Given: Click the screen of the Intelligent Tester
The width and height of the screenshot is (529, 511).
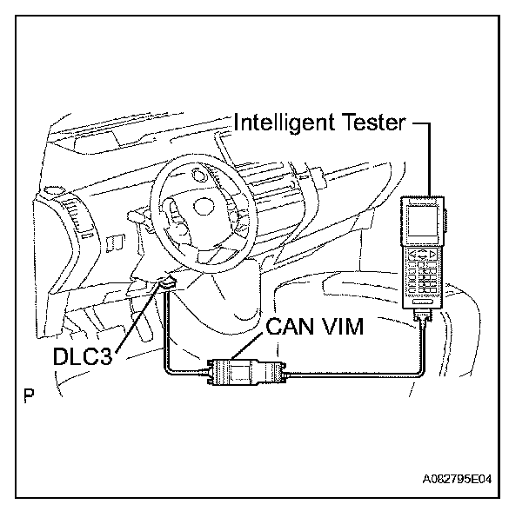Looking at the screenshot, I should pyautogui.click(x=421, y=223).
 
